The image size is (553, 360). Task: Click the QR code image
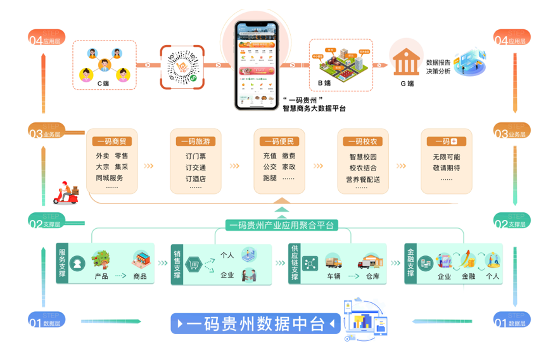click(184, 66)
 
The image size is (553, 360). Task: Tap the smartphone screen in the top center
click(257, 65)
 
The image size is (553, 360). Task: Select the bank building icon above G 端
click(406, 61)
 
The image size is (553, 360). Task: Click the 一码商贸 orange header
click(111, 141)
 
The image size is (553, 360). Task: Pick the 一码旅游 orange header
click(195, 141)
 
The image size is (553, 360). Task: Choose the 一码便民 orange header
click(279, 141)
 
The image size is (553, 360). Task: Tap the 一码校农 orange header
click(362, 141)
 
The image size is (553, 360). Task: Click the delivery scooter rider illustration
click(65, 192)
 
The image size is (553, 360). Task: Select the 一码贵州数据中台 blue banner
click(256, 324)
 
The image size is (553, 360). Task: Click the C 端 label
click(103, 83)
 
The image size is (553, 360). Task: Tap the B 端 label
click(324, 83)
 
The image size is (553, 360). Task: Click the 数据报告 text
click(438, 63)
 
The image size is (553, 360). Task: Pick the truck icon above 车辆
click(333, 261)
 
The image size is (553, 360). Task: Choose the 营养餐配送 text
click(363, 179)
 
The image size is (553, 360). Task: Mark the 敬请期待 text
click(446, 168)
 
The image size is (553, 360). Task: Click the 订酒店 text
click(195, 179)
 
